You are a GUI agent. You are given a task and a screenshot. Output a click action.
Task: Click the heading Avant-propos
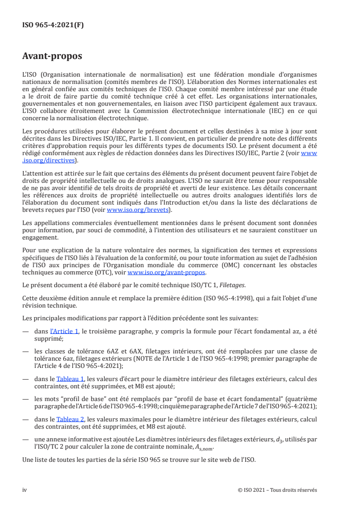point(53,57)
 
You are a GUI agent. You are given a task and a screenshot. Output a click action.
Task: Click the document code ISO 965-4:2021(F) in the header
point(53,25)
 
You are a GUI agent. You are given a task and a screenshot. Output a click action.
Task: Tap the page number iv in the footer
point(25,489)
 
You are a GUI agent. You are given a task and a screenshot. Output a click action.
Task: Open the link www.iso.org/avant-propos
point(167,273)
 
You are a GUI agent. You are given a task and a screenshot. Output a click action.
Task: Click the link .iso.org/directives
point(50,160)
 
